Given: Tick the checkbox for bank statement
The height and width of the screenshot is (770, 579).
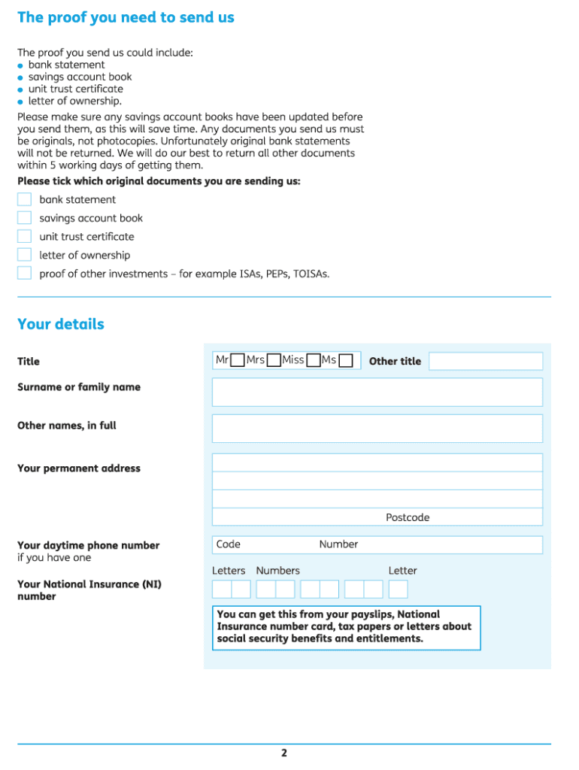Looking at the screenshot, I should click(24, 199).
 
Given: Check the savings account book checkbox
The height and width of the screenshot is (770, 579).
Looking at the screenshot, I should click(24, 218).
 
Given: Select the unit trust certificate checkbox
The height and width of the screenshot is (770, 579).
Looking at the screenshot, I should click(24, 236).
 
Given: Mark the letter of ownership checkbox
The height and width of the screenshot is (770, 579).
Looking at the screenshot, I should click(24, 255).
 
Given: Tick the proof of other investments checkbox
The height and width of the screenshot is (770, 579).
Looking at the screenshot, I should click(24, 273).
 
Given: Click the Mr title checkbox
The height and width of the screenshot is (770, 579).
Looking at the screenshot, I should click(237, 361).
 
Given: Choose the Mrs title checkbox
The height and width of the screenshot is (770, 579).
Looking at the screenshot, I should click(274, 361).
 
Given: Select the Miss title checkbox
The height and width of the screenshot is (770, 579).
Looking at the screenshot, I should click(314, 361).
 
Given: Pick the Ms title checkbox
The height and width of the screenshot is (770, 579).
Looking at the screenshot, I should click(345, 361).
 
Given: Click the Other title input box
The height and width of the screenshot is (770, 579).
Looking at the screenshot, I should click(485, 361).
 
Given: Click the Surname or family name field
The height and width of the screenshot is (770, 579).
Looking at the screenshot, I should click(377, 392).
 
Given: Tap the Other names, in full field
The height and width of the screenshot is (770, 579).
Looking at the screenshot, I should click(377, 428).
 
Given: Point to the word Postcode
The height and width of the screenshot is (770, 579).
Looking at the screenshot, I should click(408, 517).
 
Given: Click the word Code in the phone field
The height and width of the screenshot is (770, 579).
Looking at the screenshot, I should click(228, 544).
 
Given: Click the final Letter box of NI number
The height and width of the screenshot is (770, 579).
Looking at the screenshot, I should click(398, 589).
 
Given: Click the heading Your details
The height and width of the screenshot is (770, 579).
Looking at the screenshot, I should click(61, 324).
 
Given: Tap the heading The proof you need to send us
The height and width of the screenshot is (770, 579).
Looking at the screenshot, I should click(126, 17).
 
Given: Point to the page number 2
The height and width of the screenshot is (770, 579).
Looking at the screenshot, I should click(284, 753).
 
